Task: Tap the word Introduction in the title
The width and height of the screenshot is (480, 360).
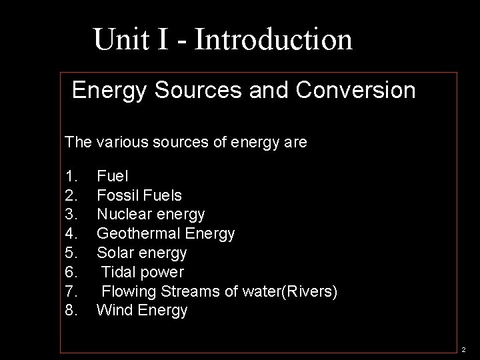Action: pos(273,39)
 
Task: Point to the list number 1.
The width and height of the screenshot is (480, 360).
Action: pos(72,177)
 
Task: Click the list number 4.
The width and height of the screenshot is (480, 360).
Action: pos(72,234)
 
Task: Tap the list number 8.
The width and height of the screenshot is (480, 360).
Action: pos(72,310)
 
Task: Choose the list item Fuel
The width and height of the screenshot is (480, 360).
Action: pos(113,177)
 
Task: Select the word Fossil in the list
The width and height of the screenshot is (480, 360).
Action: pos(116,196)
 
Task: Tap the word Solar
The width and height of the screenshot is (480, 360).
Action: pos(114,253)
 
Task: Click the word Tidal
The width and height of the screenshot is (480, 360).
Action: pos(119,272)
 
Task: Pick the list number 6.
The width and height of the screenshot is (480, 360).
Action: pos(72,272)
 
